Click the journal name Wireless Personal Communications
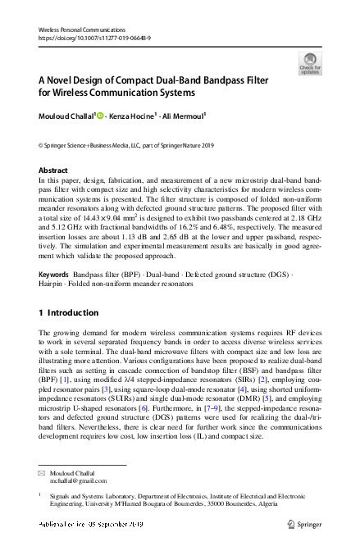click(x=76, y=29)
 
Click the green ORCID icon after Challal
click(x=101, y=117)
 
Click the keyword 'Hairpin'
click(x=53, y=284)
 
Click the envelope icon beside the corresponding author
click(x=43, y=474)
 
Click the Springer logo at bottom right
click(x=304, y=522)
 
